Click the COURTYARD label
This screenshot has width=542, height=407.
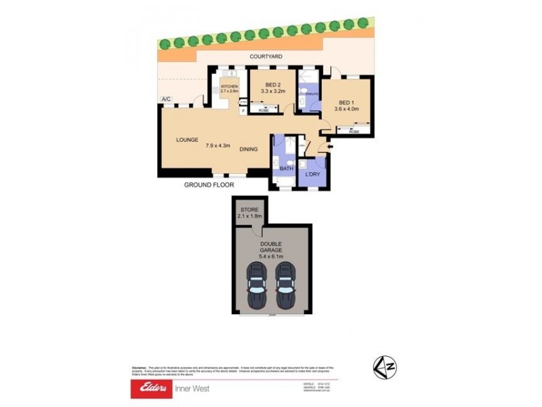point(266,56)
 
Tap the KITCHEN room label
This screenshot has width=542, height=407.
point(229,87)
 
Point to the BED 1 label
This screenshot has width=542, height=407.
point(345,102)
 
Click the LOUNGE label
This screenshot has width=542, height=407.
point(187,140)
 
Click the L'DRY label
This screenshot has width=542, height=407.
point(312,175)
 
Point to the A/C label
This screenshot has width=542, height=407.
point(166,100)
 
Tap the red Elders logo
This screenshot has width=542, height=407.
point(151,389)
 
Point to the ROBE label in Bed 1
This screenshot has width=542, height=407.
point(354,132)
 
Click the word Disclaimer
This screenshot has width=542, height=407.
point(140,367)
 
